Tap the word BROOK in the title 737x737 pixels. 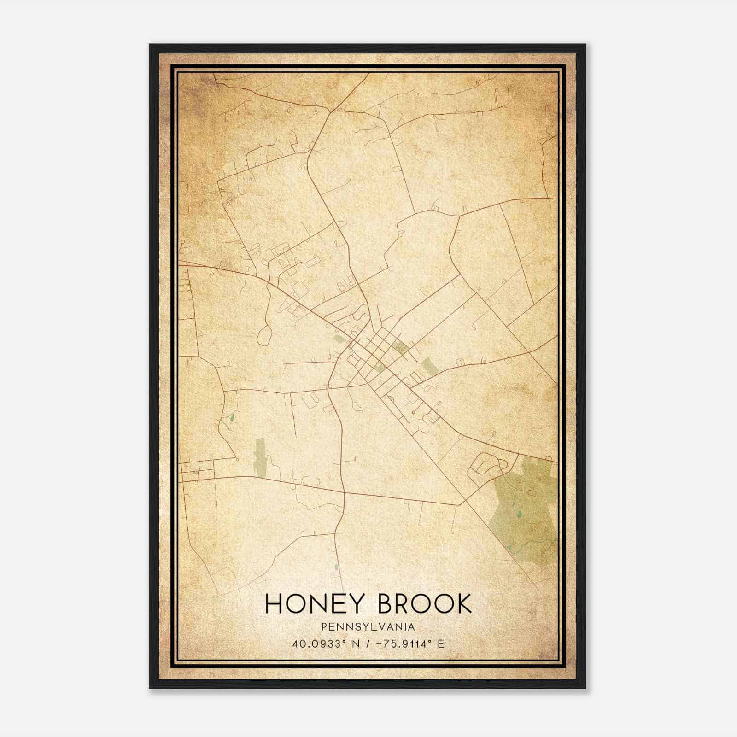coord(425,603)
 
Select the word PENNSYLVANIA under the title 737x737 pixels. coord(368,627)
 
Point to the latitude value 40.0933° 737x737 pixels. coord(318,644)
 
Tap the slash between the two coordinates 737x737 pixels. coord(367,644)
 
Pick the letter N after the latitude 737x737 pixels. coord(354,644)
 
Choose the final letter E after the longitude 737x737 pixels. coord(441,644)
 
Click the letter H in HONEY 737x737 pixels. coord(274,603)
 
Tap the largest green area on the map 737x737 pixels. coord(525,511)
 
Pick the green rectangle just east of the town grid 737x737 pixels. coord(430,365)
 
